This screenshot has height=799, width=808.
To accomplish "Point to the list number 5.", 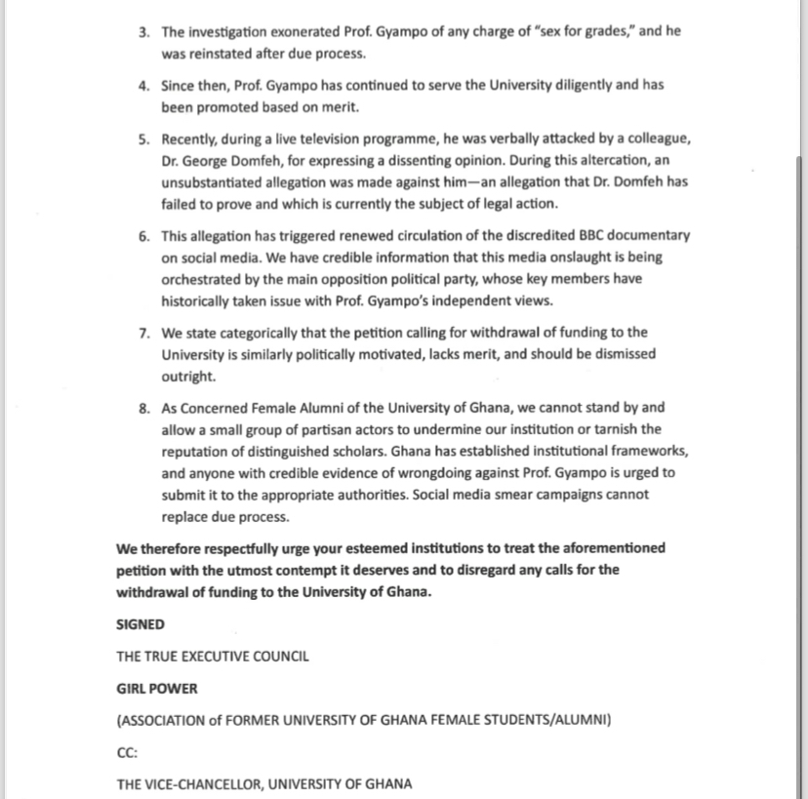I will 143,140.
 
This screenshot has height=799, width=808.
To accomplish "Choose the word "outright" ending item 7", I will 186,376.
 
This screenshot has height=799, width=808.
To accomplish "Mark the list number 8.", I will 143,408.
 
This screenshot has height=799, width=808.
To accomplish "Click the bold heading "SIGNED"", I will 141,623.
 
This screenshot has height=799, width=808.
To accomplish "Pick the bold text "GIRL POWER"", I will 156,688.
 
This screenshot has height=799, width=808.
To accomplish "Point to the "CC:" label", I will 127,752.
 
